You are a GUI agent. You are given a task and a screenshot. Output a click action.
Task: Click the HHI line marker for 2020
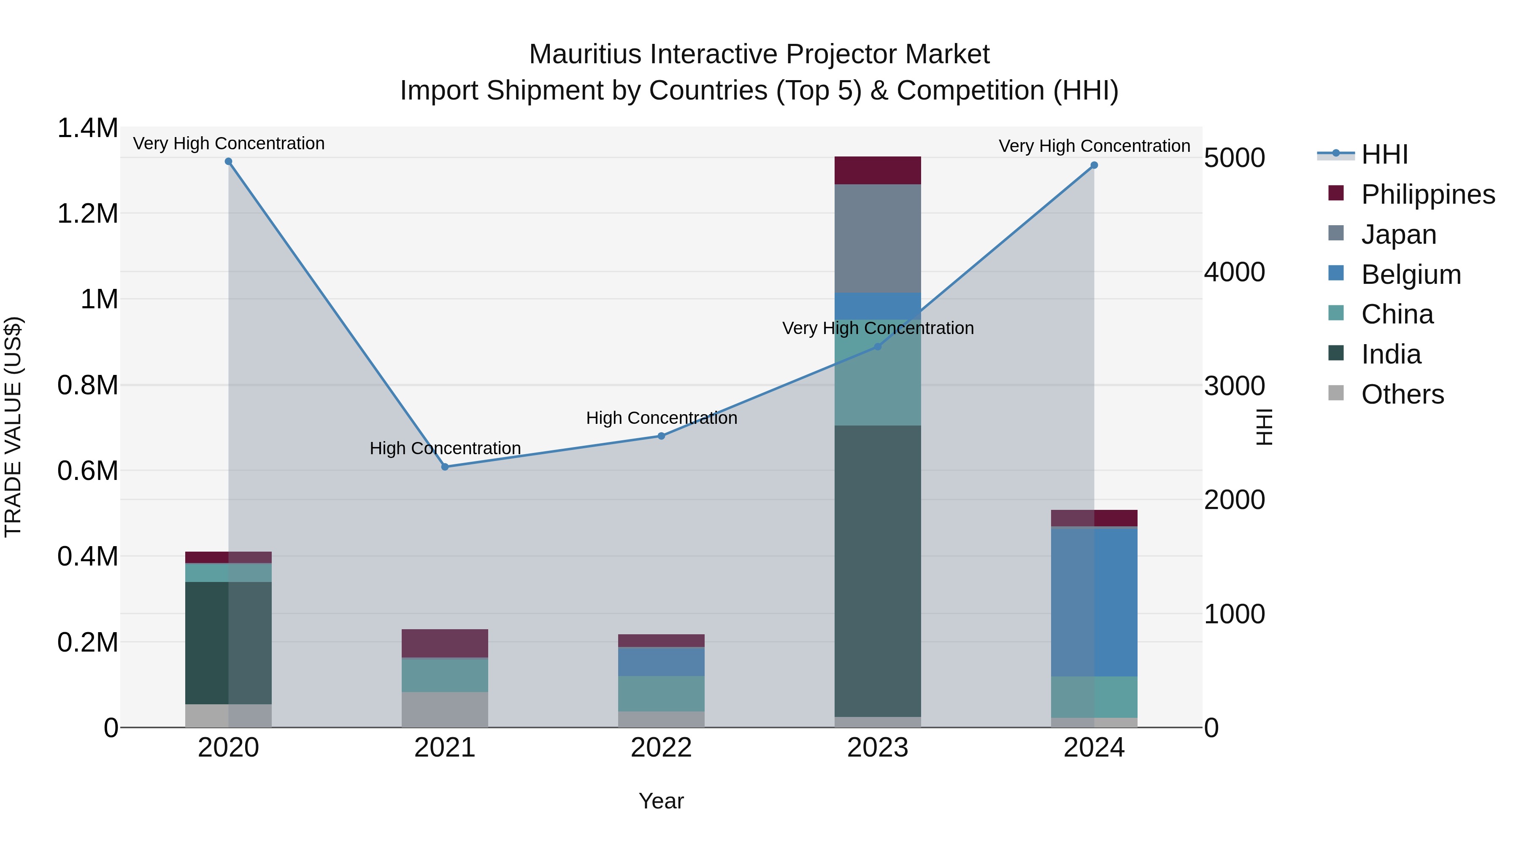coord(228,162)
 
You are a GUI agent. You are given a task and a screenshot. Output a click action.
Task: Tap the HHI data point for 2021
coord(445,467)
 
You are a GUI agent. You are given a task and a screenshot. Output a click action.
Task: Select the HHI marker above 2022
coord(661,436)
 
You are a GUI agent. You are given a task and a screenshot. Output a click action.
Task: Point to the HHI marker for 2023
coord(878,347)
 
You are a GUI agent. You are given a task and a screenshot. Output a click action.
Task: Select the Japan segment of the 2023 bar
coord(878,238)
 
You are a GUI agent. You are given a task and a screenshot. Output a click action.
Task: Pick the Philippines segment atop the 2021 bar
coord(445,643)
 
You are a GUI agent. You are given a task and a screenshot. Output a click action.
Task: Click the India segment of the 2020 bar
coord(228,642)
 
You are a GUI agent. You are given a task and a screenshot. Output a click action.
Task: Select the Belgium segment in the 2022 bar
coord(661,661)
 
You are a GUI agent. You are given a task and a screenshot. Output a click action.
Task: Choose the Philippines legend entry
coord(1427,194)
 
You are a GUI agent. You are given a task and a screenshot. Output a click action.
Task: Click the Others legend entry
coord(1402,394)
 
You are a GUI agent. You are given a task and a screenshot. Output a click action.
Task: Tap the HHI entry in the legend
coord(1384,154)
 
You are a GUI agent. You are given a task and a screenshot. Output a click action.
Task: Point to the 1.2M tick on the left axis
coord(87,213)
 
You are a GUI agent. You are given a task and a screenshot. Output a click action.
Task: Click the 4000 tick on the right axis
coord(1234,272)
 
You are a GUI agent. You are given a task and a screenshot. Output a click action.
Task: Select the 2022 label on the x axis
coord(661,748)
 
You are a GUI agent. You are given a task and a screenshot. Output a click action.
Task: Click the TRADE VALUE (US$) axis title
coord(13,427)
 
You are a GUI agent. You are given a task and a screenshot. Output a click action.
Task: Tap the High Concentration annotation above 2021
coord(445,449)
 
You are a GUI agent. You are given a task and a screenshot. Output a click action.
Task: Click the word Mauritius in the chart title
coord(584,55)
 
